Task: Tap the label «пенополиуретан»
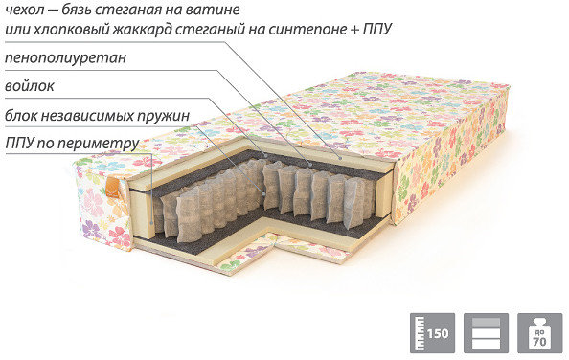[65, 57]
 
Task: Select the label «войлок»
[30, 86]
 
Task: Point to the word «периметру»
[99, 144]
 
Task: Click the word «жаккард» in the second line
[142, 30]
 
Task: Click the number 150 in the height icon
[438, 333]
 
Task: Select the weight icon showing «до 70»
[540, 333]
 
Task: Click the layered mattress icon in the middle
[487, 333]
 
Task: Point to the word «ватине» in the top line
[213, 10]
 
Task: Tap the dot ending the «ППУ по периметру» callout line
[151, 221]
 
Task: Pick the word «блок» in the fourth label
[21, 116]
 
